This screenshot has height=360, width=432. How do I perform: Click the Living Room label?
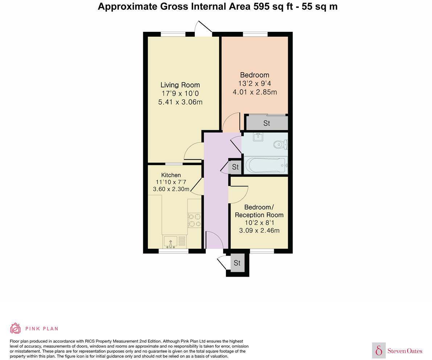click(180, 85)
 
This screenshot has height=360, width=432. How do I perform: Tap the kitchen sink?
click(170, 241)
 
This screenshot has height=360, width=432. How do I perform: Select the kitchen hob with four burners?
click(194, 220)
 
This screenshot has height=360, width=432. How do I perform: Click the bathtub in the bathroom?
click(266, 166)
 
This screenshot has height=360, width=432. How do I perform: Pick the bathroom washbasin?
click(258, 137)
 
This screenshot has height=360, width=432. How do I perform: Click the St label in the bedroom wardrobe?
click(267, 123)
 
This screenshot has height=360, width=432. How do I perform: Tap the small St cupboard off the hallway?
click(235, 167)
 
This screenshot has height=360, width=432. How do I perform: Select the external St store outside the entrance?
click(237, 263)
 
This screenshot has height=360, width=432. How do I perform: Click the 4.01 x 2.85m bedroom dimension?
click(255, 92)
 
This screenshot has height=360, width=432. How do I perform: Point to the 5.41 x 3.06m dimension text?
click(180, 102)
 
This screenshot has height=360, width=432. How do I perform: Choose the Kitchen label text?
click(171, 175)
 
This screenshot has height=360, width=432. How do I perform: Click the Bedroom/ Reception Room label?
click(259, 211)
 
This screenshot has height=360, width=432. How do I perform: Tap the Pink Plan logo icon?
click(15, 328)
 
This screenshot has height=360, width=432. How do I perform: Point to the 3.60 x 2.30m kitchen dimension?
click(171, 189)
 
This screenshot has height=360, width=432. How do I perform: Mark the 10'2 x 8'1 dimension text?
click(259, 223)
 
